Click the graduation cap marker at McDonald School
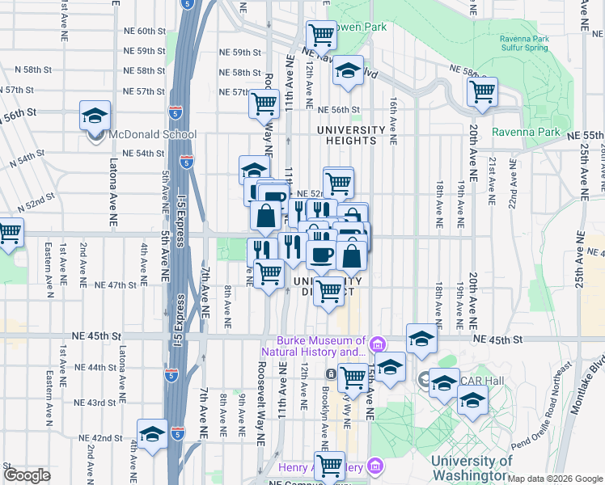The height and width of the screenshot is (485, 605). tap(95, 116)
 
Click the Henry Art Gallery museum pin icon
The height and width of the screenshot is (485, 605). tap(373, 466)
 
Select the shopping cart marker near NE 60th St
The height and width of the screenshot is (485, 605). tap(322, 36)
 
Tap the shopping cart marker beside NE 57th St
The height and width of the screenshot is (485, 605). tap(264, 103)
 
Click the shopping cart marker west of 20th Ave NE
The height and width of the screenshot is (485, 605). tap(482, 91)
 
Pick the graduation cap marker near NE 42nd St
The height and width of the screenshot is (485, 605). tap(151, 435)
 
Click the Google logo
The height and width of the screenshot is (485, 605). tap(27, 475)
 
